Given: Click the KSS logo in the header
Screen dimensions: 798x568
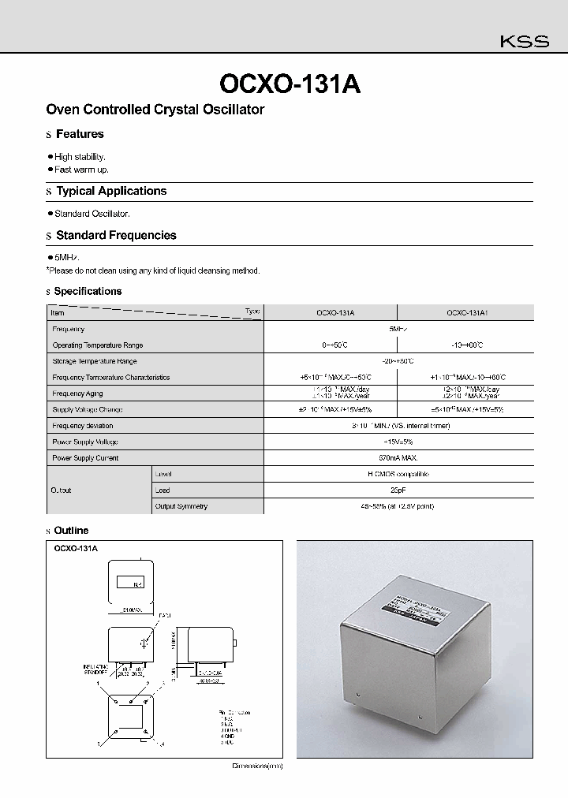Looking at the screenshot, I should tap(525, 43).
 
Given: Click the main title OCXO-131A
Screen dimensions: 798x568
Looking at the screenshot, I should tap(289, 84).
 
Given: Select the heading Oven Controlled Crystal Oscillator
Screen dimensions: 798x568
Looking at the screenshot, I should tap(155, 110).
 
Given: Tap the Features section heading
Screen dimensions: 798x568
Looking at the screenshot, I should tap(80, 134).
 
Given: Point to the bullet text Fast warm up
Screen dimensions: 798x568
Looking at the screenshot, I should tap(81, 170).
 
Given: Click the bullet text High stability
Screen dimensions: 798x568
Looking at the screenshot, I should tap(80, 157).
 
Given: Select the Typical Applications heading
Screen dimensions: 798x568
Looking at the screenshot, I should tap(111, 191).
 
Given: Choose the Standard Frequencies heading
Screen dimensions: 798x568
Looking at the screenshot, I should tap(116, 235).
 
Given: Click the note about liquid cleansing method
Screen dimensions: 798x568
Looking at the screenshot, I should tap(153, 270).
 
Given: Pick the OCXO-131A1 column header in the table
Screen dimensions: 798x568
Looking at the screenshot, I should tap(467, 313).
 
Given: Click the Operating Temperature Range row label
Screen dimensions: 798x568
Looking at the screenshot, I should tap(98, 345).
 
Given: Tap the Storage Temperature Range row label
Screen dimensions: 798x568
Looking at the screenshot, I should tap(95, 361).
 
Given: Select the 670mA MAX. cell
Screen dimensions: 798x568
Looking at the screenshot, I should tap(398, 457).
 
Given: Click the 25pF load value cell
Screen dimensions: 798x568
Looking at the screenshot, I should tap(398, 490).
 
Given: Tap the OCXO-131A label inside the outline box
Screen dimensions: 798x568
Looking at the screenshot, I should tap(76, 546).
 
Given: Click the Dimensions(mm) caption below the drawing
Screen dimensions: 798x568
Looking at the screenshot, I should tap(257, 766).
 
